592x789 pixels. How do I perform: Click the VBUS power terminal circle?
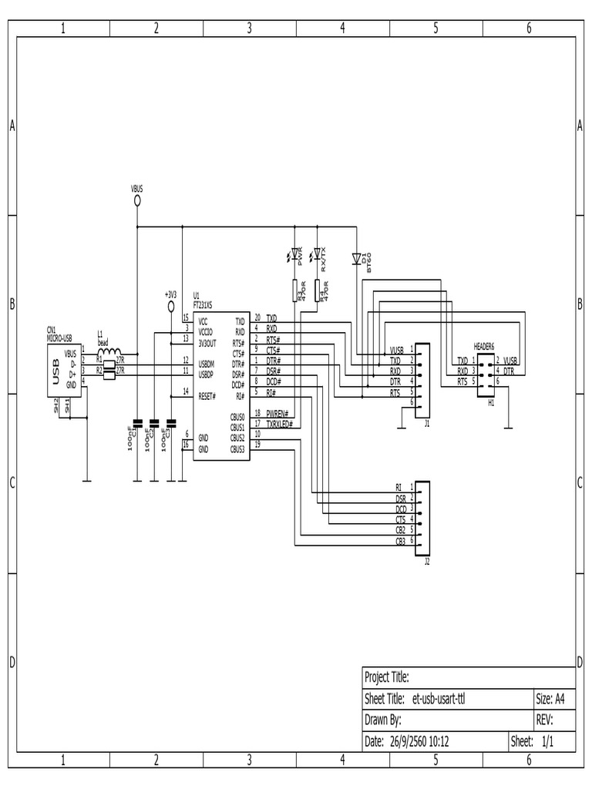(x=137, y=200)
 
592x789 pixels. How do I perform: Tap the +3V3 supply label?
(x=170, y=294)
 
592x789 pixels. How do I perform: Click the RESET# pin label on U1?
(x=207, y=396)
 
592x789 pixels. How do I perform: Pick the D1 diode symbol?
(x=356, y=258)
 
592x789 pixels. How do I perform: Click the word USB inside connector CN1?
(x=55, y=371)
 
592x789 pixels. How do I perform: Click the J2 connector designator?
(x=426, y=562)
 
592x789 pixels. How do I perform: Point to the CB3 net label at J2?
(x=400, y=542)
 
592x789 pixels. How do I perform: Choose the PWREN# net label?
(x=277, y=414)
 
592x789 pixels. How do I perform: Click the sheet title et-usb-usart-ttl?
(x=439, y=700)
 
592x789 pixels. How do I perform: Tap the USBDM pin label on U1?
(x=206, y=363)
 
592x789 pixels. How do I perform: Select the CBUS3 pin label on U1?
(x=237, y=448)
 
